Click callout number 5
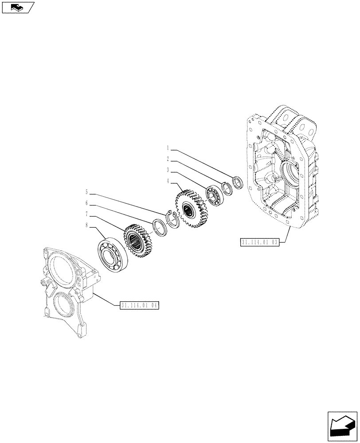tap(87, 192)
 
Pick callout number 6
tap(87, 203)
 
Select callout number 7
tap(87, 214)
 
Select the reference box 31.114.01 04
tap(139, 305)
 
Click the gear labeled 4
tap(191, 209)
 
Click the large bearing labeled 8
tap(113, 254)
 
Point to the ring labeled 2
tap(227, 188)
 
